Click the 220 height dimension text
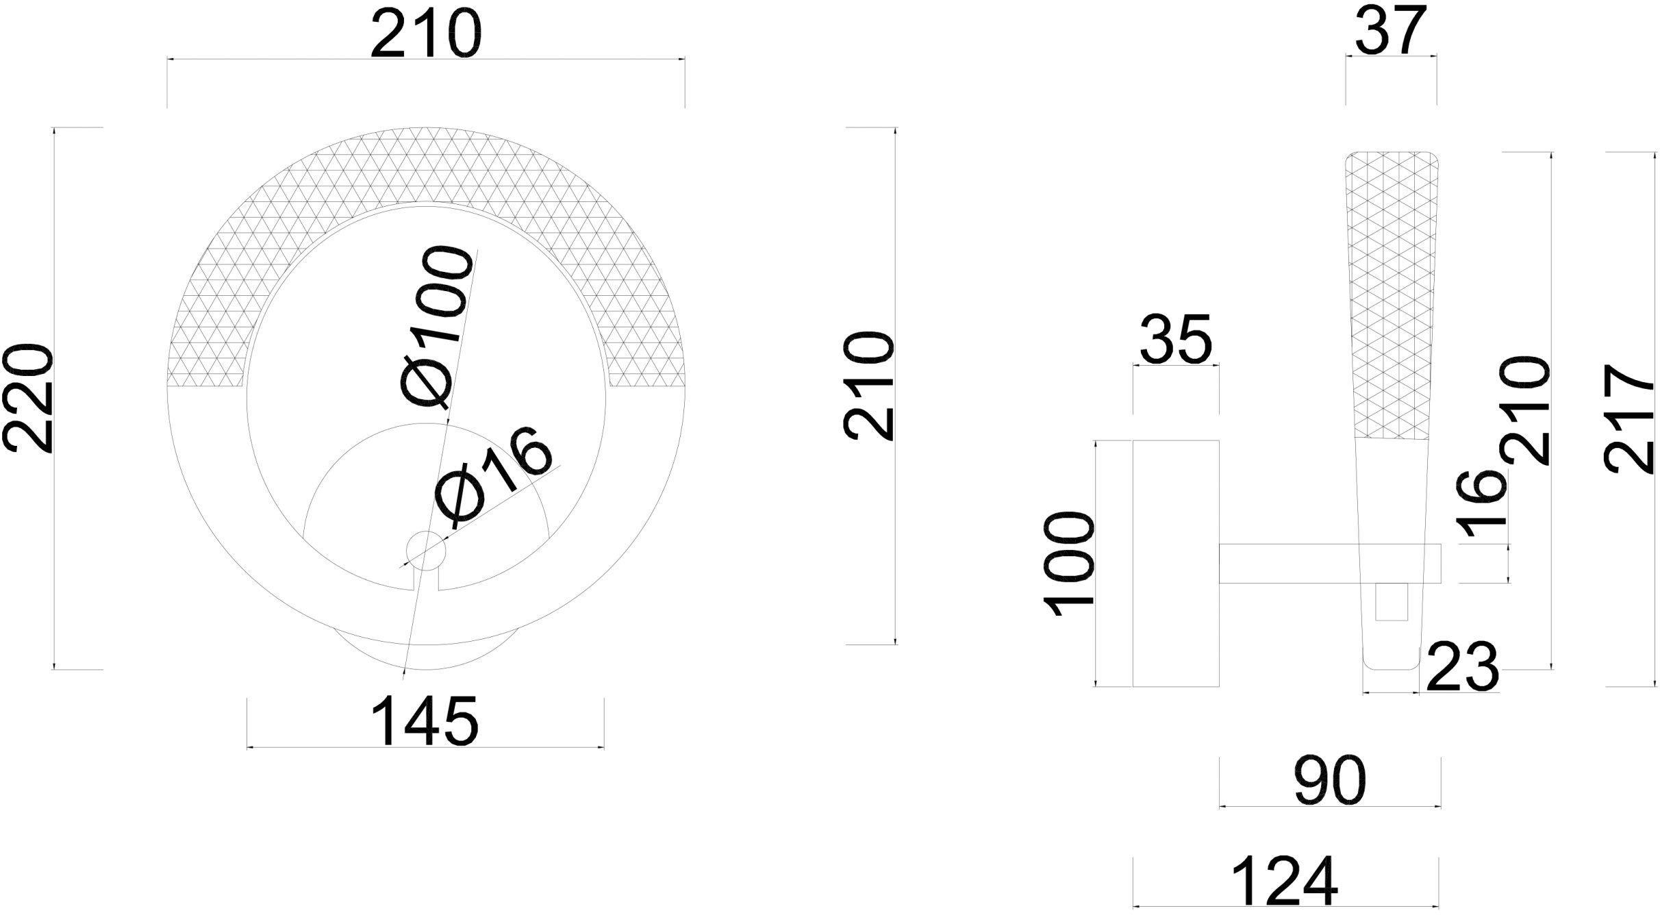[29, 399]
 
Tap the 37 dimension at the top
[1390, 30]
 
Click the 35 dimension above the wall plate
[1176, 339]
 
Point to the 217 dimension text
[1630, 418]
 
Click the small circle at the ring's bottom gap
[426, 549]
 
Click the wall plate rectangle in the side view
[1176, 563]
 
